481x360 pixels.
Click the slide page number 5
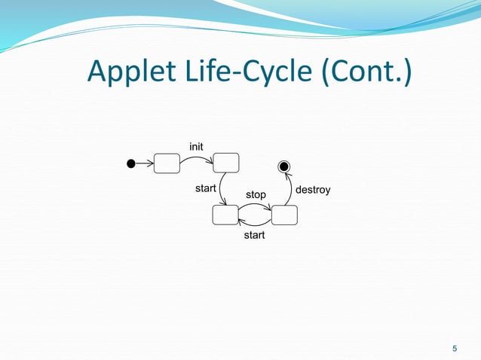(x=454, y=348)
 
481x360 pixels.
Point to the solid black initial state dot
(x=130, y=163)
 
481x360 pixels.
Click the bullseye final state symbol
(x=283, y=166)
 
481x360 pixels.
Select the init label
(x=196, y=145)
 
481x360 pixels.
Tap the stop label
(x=256, y=194)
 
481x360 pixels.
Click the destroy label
(x=312, y=188)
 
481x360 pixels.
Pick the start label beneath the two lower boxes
(x=254, y=236)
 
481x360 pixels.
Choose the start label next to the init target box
(x=206, y=188)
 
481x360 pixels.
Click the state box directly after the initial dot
(x=167, y=163)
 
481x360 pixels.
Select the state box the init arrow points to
(x=226, y=162)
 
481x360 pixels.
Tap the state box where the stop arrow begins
(x=225, y=215)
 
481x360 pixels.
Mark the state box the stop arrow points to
(x=284, y=215)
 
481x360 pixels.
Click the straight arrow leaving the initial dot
(x=144, y=163)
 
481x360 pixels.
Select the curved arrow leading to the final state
(x=290, y=190)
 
